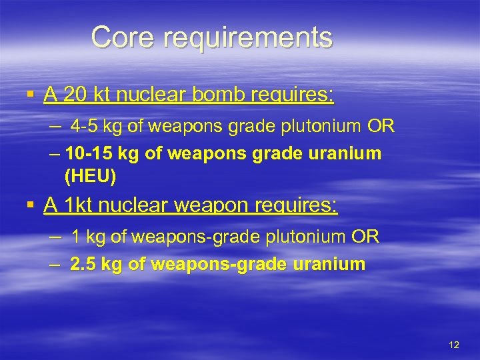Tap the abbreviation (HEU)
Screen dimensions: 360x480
pos(91,177)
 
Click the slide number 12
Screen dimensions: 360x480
pos(454,345)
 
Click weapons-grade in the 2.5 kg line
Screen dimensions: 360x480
pos(205,265)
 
